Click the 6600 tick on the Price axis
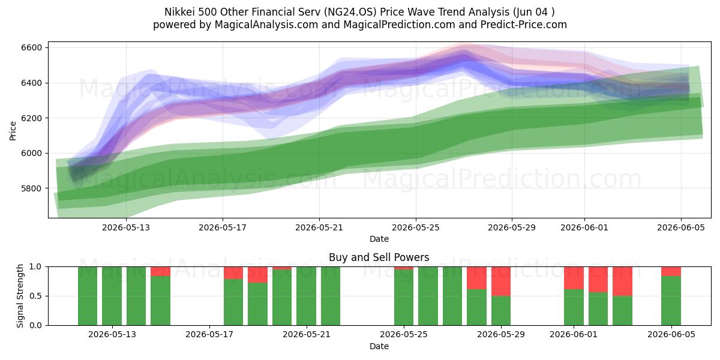(31, 47)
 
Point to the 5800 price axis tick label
(31, 188)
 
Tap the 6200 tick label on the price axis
(31, 118)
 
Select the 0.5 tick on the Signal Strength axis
(35, 296)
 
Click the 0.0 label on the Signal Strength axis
(35, 325)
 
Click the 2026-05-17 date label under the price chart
(223, 227)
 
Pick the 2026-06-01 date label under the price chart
(584, 227)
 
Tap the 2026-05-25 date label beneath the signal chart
(404, 334)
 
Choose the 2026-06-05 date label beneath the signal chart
(671, 334)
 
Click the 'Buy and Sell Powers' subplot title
(379, 257)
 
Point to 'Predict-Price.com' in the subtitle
(524, 25)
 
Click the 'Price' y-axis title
(13, 131)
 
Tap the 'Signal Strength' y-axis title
(20, 296)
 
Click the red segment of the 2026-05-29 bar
(501, 281)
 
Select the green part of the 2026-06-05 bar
(671, 301)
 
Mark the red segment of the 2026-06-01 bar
(574, 278)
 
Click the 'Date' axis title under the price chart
(379, 239)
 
